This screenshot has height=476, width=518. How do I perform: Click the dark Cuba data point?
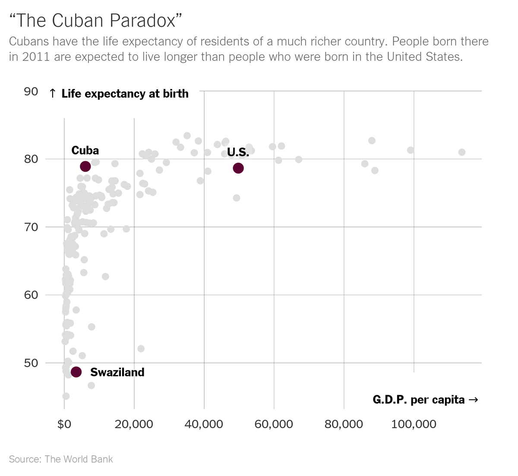[x=85, y=166]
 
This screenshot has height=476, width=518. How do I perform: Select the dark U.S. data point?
[x=238, y=168]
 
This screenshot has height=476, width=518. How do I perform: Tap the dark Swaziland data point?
[x=76, y=372]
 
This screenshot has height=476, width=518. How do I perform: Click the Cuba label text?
[x=85, y=150]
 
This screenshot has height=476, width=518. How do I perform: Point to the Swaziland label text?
[x=117, y=372]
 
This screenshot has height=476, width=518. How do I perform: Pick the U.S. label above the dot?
[x=238, y=152]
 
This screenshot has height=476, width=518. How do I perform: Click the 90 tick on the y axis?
[x=31, y=91]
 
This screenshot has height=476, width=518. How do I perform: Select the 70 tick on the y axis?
[x=31, y=227]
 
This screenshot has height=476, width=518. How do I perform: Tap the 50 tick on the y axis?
[x=31, y=363]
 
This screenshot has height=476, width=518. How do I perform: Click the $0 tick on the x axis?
[x=64, y=425]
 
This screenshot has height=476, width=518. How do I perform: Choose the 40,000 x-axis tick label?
[x=204, y=425]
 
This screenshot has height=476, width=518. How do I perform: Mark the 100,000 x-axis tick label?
[x=414, y=425]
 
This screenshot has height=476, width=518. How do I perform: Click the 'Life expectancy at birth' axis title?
[x=125, y=94]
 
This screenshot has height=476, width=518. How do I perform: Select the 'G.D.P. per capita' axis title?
[x=419, y=400]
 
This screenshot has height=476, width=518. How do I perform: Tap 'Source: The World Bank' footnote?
[x=61, y=459]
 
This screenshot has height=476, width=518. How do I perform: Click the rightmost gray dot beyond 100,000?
[x=461, y=152]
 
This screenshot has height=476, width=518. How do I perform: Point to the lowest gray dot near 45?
[x=66, y=396]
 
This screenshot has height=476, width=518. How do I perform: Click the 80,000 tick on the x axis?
[x=344, y=425]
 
